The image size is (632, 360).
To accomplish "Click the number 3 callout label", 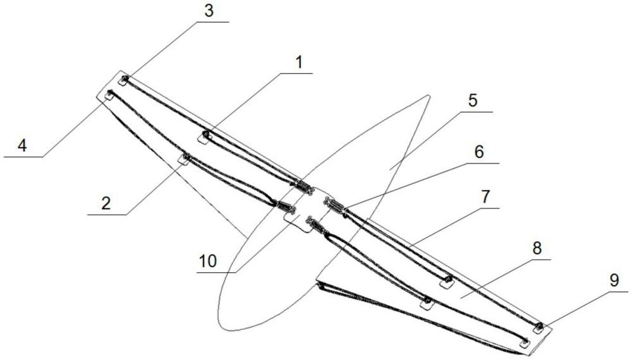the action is pos(209,11).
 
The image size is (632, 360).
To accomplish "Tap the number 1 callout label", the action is pos(298,63).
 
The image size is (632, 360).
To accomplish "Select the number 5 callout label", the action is pos(473,100).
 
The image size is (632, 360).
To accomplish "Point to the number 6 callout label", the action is pos(479,152).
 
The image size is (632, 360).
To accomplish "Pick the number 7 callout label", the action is pos(485,197).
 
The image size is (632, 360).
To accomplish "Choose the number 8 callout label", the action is pos(537,248).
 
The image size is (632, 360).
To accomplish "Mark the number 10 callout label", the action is pos(208,261).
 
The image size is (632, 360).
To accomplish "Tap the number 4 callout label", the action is pos(22,145).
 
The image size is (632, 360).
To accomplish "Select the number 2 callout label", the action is pos(106,203).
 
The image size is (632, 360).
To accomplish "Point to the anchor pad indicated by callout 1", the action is pos(204,138).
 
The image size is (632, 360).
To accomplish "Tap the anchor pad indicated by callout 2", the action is pos(184,159).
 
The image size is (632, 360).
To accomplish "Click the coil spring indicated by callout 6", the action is pos(335,205).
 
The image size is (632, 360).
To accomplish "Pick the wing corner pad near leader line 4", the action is pos(109,95).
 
